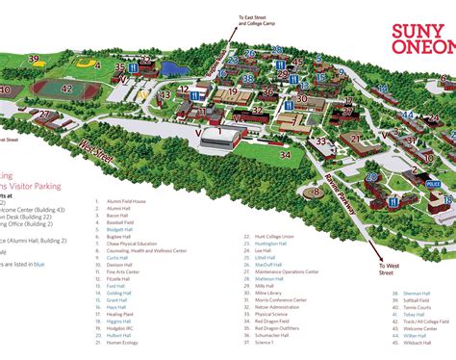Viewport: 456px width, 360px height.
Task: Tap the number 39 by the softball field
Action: pyautogui.click(x=34, y=59)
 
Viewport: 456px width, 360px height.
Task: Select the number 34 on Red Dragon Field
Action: pyautogui.click(x=285, y=153)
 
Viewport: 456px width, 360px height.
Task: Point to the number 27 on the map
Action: pyautogui.click(x=45, y=114)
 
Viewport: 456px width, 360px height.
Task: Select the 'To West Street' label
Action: pyautogui.click(x=389, y=269)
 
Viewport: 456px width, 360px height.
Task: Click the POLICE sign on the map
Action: pyautogui.click(x=433, y=182)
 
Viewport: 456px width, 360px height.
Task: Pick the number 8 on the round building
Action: pyautogui.click(x=316, y=193)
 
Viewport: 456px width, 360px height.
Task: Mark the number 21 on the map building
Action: pyautogui.click(x=356, y=138)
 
